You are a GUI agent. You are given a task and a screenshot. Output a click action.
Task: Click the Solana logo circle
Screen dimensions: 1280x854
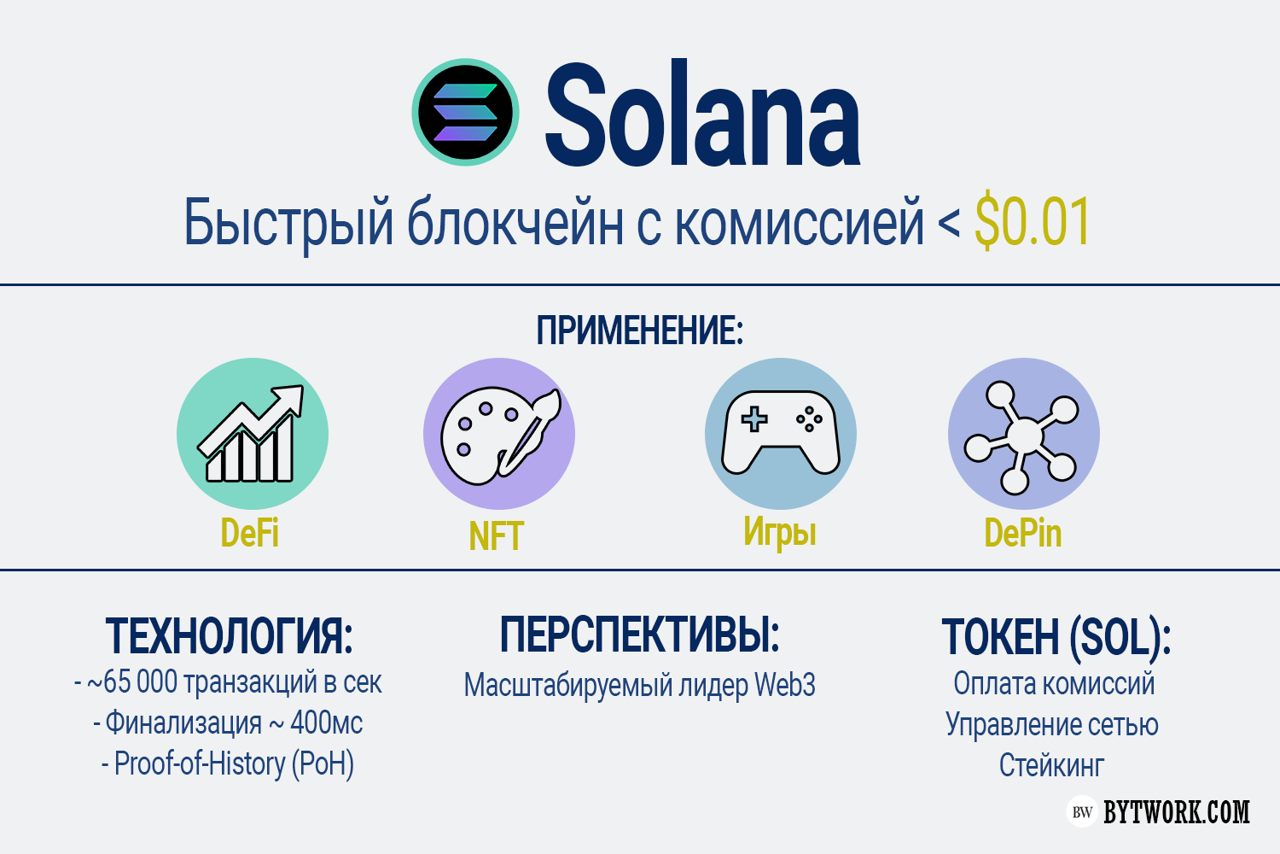tap(465, 112)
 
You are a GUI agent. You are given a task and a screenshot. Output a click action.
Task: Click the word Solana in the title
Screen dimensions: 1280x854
tap(703, 114)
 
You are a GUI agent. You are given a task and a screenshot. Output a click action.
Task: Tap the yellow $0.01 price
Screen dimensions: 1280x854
tap(1032, 222)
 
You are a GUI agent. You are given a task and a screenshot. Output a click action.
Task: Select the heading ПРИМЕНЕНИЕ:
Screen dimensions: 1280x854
tap(639, 330)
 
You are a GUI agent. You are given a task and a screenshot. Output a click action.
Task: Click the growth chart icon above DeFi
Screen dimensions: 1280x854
tap(252, 434)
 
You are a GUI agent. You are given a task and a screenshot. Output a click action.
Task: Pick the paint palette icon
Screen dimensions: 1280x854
tap(499, 434)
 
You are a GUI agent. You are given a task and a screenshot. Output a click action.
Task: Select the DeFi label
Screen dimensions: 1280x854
tap(250, 533)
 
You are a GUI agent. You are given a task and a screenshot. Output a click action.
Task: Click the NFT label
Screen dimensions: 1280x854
tap(496, 536)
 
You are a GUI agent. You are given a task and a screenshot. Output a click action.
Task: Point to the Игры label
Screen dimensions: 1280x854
tap(779, 533)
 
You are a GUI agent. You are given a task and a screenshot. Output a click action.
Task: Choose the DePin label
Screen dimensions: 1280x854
tap(1023, 533)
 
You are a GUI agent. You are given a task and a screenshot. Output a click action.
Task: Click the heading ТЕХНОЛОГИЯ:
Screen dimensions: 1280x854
tap(230, 636)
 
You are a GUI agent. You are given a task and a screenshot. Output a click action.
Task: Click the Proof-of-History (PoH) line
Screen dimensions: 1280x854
tap(228, 763)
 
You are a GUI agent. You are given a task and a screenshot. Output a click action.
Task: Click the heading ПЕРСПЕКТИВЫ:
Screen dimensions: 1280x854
tap(639, 635)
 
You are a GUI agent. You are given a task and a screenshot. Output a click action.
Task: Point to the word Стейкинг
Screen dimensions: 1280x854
tap(1051, 765)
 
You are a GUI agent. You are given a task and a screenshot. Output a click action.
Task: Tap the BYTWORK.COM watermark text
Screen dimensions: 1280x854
tap(1177, 811)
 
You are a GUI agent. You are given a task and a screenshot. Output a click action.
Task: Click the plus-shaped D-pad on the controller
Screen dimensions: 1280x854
tap(754, 419)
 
